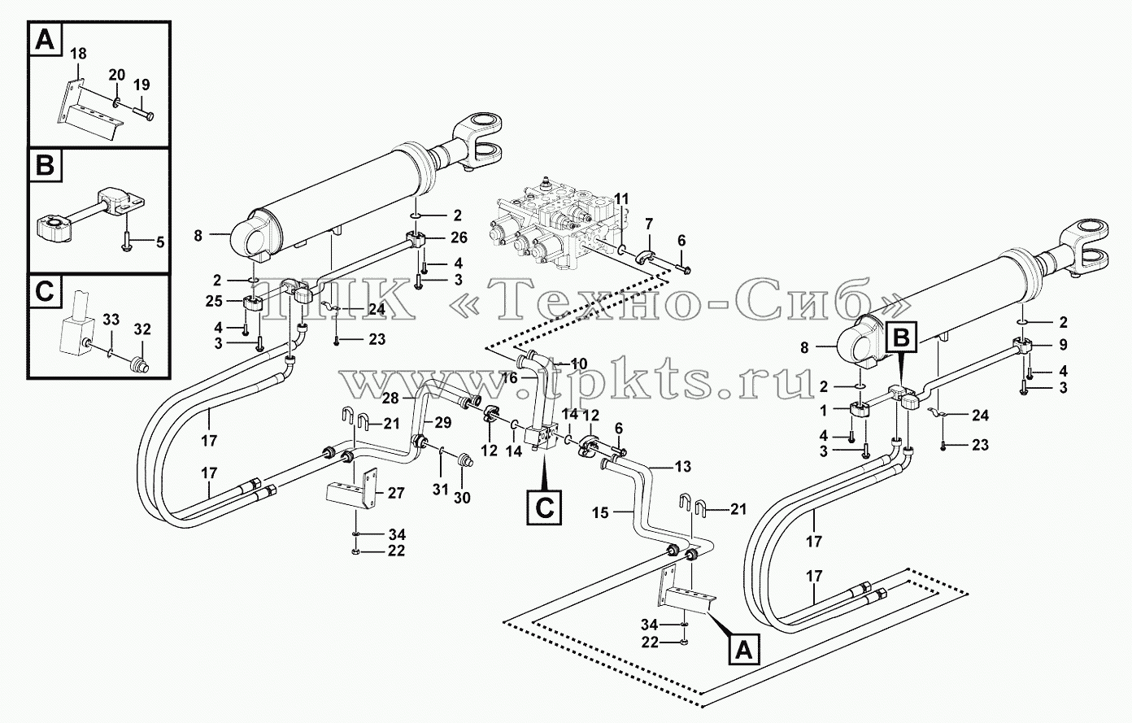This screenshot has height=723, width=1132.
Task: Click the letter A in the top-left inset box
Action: pyautogui.click(x=46, y=40)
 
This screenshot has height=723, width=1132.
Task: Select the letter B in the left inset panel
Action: pyautogui.click(x=46, y=165)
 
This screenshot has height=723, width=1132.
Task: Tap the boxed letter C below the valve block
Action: pyautogui.click(x=544, y=507)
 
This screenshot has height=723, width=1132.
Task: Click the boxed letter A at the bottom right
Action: pyautogui.click(x=743, y=651)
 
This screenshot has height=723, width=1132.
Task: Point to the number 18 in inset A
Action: pyautogui.click(x=78, y=54)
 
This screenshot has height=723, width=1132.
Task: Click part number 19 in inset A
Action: pyautogui.click(x=141, y=85)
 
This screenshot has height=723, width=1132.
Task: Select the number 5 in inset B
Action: pyautogui.click(x=159, y=242)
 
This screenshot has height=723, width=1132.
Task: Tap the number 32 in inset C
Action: pyautogui.click(x=142, y=329)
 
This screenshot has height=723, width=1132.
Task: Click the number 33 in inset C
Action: pyautogui.click(x=111, y=320)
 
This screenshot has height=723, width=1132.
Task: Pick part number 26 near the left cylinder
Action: pyautogui.click(x=459, y=237)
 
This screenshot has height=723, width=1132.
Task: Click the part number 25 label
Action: pyautogui.click(x=214, y=301)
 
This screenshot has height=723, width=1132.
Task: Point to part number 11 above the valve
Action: pyautogui.click(x=621, y=198)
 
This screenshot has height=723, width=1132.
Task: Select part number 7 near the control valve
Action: pyautogui.click(x=649, y=224)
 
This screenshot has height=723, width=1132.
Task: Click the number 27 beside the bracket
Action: pyautogui.click(x=396, y=493)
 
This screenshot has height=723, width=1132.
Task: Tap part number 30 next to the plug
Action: pyautogui.click(x=462, y=499)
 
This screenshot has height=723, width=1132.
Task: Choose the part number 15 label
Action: pyautogui.click(x=600, y=513)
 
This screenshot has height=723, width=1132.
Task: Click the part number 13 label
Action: pyautogui.click(x=683, y=467)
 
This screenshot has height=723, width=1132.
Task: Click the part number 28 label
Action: pyautogui.click(x=390, y=399)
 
